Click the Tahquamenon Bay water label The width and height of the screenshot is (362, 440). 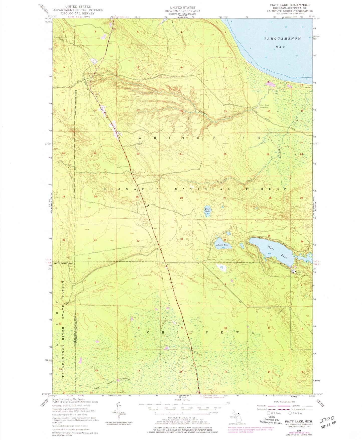tap(282, 43)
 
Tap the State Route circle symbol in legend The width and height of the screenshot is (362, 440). tap(290, 413)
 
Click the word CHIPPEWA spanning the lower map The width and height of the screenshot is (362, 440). tap(200, 332)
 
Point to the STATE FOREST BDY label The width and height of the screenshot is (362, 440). tap(64, 263)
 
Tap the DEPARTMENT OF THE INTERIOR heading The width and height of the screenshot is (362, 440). tap(78, 10)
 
